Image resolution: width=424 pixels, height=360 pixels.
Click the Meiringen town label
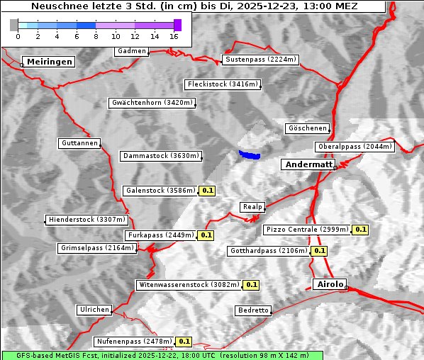pos(48,62)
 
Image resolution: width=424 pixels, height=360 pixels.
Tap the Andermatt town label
pos(308,164)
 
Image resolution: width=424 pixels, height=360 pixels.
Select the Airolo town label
pos(330,284)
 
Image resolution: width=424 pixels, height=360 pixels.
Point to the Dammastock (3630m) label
pos(161,156)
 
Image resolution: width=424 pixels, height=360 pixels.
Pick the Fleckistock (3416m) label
pos(222,84)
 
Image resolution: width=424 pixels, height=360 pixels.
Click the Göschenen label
pos(307,128)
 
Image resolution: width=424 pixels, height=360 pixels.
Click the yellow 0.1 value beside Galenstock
pos(207,191)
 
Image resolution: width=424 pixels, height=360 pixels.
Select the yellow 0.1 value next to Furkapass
pos(206,235)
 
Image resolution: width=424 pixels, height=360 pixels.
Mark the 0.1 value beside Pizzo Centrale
pos(361,230)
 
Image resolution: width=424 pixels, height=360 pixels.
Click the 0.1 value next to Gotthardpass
pos(320,251)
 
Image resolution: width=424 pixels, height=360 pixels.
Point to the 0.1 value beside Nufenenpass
pos(184,342)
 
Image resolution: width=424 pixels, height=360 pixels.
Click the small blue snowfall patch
pos(250,154)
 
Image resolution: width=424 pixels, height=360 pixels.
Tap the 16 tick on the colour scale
pos(174,35)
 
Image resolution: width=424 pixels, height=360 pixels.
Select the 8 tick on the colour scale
pos(96,35)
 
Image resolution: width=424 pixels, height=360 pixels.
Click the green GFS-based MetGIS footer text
pos(162,354)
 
